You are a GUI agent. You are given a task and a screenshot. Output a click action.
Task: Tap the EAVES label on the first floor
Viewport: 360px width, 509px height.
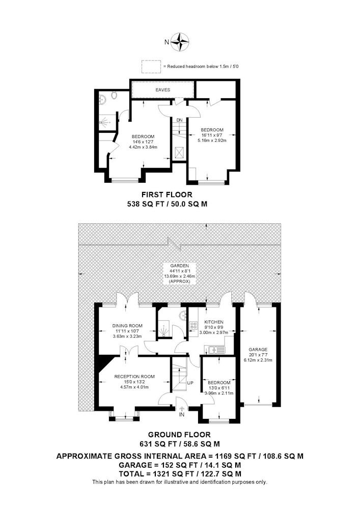[162, 90]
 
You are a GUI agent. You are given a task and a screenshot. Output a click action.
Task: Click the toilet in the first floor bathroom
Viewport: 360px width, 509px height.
[114, 95]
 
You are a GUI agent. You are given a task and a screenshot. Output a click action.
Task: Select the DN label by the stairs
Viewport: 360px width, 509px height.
[180, 120]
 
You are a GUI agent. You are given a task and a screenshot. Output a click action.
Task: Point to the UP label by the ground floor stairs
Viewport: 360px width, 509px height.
[190, 383]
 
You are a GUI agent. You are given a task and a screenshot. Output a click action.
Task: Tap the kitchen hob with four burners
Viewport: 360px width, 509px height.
[194, 326]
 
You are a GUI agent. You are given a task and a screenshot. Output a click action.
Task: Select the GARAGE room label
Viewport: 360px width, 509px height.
[258, 350]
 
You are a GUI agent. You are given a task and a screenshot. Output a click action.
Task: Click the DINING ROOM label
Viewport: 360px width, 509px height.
[127, 326]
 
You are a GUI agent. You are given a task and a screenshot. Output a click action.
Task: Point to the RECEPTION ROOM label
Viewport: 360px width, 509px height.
[134, 377]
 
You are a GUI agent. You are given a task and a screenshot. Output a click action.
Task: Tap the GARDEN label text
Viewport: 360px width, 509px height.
[180, 266]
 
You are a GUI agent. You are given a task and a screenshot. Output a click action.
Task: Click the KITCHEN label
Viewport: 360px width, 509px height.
[214, 322]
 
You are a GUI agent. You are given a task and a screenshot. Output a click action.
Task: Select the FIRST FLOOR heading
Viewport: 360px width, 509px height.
[167, 195]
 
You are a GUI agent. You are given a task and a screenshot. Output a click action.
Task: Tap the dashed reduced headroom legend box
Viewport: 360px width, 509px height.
[151, 67]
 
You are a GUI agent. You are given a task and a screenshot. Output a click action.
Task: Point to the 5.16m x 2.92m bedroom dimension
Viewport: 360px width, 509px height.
[212, 140]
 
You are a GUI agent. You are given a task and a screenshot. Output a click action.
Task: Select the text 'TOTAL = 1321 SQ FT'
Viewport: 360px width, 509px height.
[154, 474]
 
